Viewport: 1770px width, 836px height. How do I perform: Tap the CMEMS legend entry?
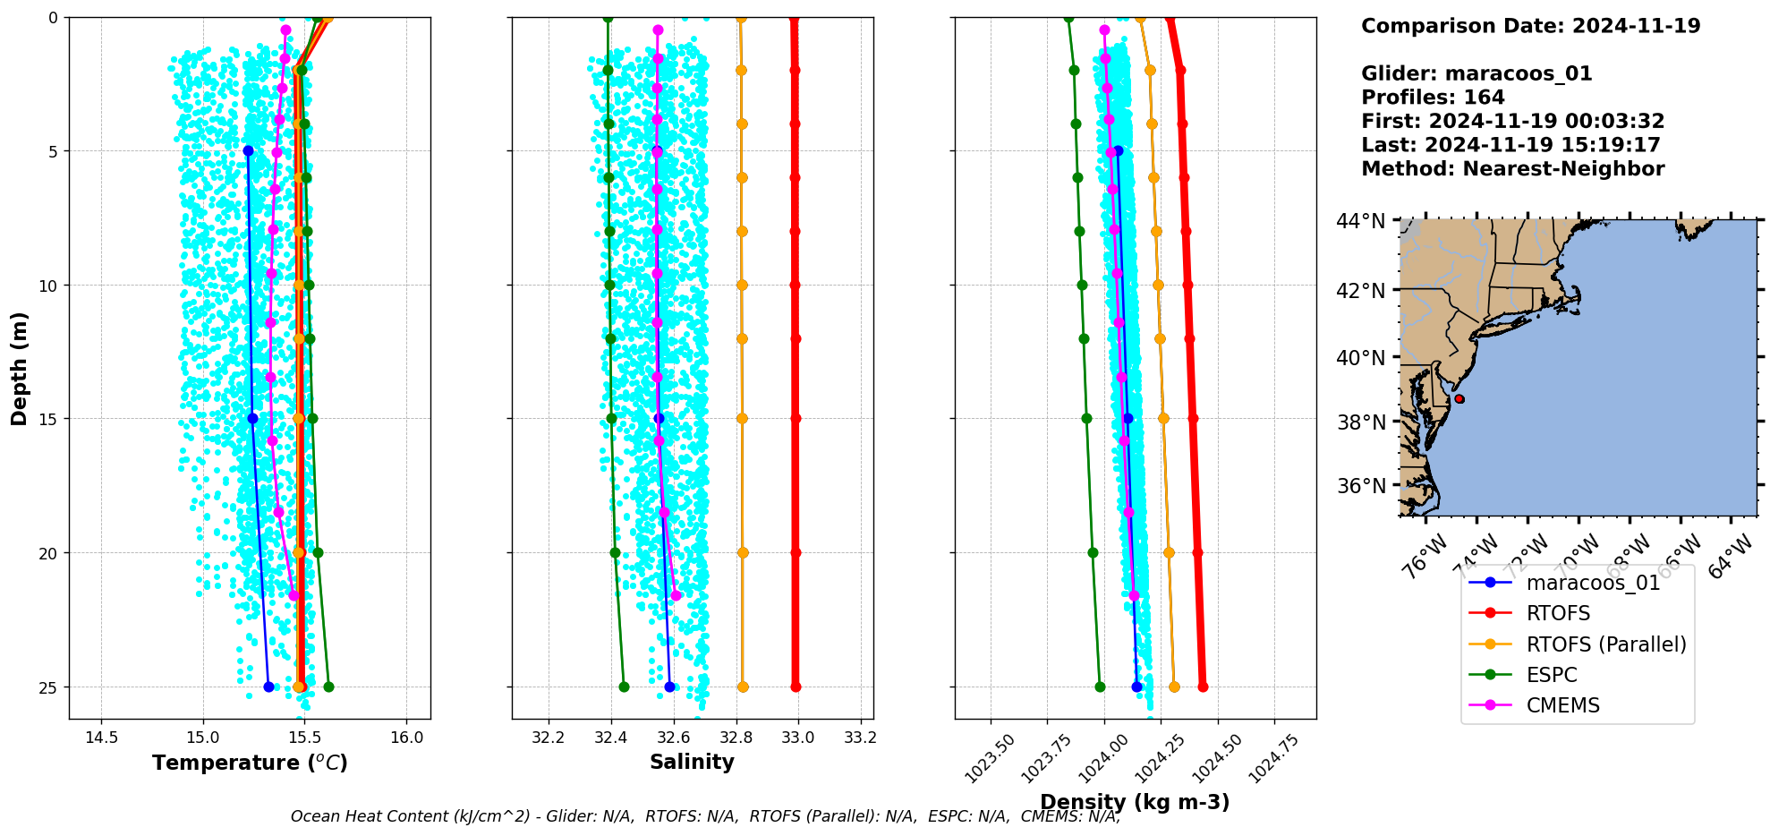(1562, 705)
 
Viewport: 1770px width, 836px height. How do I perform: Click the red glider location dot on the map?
(1459, 399)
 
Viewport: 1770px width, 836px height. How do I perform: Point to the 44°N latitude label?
(1360, 221)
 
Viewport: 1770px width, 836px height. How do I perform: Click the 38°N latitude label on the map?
(1360, 422)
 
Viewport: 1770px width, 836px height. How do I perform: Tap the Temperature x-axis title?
(250, 763)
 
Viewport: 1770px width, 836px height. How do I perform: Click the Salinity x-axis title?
(692, 762)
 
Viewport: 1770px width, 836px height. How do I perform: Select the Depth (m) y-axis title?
(20, 368)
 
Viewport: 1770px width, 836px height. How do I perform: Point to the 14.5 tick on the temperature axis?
(101, 738)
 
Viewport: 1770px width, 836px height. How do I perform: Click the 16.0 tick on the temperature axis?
(406, 738)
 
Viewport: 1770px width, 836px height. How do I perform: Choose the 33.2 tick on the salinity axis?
(861, 738)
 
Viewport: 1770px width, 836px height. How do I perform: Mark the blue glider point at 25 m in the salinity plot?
(669, 687)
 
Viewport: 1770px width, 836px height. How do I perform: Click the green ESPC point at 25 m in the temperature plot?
(328, 687)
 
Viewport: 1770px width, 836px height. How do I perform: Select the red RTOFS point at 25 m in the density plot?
(1203, 687)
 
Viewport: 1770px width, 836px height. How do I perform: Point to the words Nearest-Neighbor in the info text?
(1563, 169)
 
